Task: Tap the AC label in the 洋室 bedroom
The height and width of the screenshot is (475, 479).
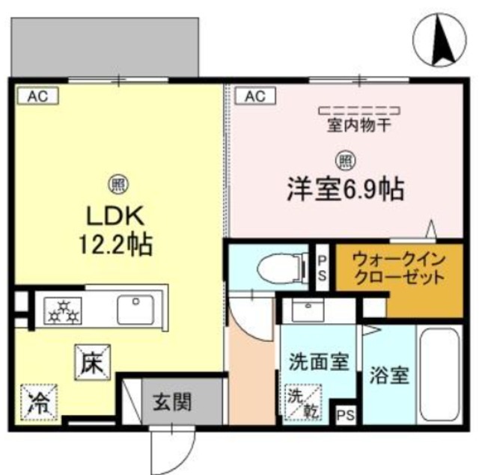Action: [251, 95]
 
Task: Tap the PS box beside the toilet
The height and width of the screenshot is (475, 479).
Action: [322, 267]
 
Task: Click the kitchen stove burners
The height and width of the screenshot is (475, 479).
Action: [64, 309]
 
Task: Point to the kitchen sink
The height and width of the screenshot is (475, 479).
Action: [135, 308]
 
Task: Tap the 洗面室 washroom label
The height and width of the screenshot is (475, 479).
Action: [318, 363]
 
